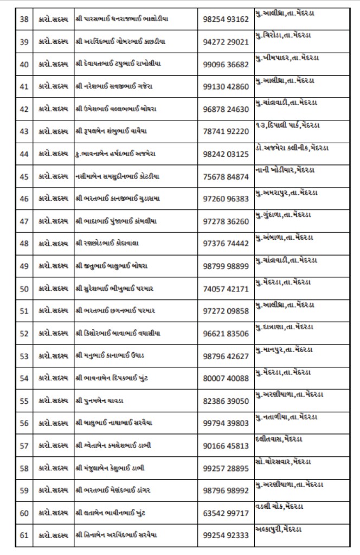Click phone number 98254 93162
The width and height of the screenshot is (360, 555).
pos(226,19)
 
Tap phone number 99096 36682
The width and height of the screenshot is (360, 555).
pos(226,64)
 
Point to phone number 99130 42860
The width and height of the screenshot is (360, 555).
pos(226,86)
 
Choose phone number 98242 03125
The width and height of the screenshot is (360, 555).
pos(226,154)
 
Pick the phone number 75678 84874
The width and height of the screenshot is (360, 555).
pos(226,176)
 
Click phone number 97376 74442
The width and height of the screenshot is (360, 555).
pos(226,244)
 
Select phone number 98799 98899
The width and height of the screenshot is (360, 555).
pos(226,266)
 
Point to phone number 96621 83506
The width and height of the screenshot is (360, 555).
pos(226,334)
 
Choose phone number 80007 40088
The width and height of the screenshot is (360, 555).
pos(226,378)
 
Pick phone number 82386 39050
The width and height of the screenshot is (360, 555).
pos(226,401)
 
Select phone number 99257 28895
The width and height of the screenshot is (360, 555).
pos(226,468)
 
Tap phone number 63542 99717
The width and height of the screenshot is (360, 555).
pos(226,513)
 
